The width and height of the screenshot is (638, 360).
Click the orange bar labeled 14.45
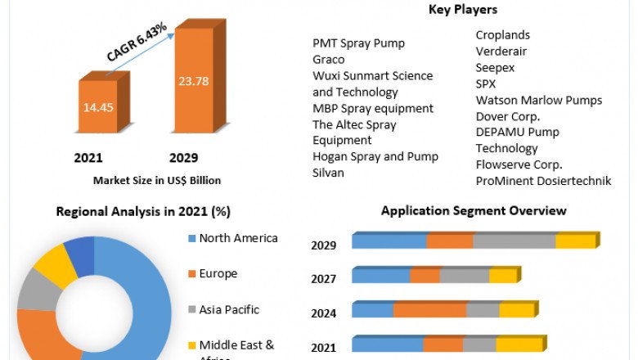tap(97, 107)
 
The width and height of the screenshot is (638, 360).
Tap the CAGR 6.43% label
tap(137, 42)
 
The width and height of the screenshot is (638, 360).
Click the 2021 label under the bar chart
tap(88, 158)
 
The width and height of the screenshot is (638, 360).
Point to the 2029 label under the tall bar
tap(183, 158)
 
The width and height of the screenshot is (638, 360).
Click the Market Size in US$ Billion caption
tap(157, 180)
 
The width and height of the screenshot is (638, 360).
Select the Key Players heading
tap(462, 10)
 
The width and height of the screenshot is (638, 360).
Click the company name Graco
tap(329, 60)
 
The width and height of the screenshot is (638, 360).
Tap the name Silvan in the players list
tap(329, 173)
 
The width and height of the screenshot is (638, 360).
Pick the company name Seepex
tap(496, 67)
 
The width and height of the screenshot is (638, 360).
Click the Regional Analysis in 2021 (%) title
tap(143, 212)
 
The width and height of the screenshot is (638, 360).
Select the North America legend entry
tap(238, 238)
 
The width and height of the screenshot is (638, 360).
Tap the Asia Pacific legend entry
tap(229, 310)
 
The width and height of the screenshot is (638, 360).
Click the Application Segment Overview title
tap(474, 211)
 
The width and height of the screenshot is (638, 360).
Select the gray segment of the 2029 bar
tap(514, 241)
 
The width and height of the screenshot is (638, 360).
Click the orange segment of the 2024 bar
tap(429, 310)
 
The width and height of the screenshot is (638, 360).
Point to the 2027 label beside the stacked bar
tap(323, 279)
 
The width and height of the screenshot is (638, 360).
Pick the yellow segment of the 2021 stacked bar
tap(519, 345)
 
